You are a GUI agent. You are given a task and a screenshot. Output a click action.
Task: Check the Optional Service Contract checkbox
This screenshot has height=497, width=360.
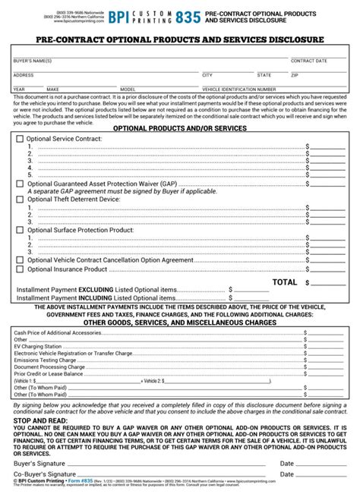pyautogui.click(x=20, y=140)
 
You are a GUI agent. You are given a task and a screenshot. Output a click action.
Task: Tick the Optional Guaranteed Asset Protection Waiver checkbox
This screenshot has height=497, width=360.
pyautogui.click(x=20, y=183)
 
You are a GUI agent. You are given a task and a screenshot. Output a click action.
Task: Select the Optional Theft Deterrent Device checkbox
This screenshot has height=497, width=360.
pyautogui.click(x=20, y=199)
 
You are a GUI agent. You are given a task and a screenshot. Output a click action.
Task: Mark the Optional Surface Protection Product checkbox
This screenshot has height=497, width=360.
pyautogui.click(x=20, y=228)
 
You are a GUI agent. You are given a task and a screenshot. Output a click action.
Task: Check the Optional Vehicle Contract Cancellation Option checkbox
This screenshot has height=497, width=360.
pyautogui.click(x=20, y=259)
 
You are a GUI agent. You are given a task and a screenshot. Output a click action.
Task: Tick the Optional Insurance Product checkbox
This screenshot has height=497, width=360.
pyautogui.click(x=20, y=269)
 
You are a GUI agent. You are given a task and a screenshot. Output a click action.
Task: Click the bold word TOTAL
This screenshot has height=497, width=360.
pyautogui.click(x=285, y=282)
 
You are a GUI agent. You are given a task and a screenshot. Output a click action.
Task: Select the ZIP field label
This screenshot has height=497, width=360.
pyautogui.click(x=295, y=75)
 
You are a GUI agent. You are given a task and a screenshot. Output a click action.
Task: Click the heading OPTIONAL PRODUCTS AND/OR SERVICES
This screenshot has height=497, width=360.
pyautogui.click(x=179, y=128)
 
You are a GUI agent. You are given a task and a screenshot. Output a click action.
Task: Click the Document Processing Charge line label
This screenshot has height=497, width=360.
pyautogui.click(x=43, y=366)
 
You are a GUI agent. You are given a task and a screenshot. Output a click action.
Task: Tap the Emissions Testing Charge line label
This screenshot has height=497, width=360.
pyautogui.click(x=39, y=359)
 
